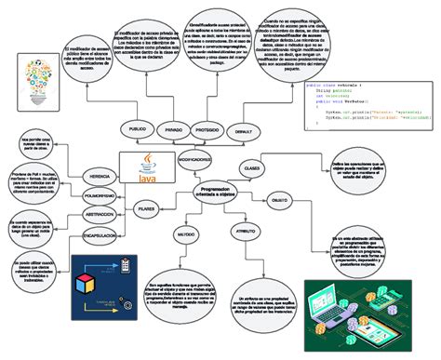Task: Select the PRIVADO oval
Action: pos(173,131)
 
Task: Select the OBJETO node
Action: pos(278,200)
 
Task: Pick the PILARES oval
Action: pos(146,211)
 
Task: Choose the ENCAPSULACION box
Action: pos(99,236)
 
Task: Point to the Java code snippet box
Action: pos(368,107)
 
